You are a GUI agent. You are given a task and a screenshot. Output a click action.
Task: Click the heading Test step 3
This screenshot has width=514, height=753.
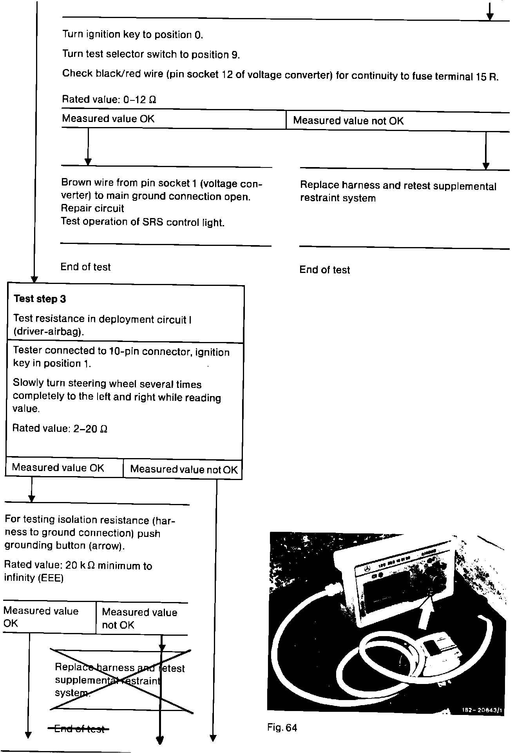(x=40, y=299)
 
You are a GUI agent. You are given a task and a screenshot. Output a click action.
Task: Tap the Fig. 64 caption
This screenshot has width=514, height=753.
(x=282, y=728)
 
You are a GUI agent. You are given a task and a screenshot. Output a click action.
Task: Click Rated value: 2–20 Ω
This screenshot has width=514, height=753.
(x=60, y=428)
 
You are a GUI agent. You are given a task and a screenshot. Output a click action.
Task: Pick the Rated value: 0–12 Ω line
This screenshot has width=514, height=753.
(x=109, y=100)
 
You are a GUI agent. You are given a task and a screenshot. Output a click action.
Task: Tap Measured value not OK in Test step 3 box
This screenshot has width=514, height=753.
(x=183, y=469)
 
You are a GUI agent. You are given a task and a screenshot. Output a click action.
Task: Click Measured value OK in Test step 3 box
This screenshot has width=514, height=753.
(x=58, y=467)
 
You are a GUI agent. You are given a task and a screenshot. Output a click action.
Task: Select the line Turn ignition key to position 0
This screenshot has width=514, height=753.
(x=133, y=35)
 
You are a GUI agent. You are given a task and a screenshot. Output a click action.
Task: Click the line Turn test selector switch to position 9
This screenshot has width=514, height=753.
(x=151, y=54)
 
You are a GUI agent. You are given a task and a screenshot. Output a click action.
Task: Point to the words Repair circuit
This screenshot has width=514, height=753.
(x=92, y=208)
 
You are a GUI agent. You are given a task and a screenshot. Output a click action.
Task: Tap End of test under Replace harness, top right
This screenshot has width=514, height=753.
(x=324, y=269)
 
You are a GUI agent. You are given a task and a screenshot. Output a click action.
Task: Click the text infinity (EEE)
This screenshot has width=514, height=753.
(x=34, y=578)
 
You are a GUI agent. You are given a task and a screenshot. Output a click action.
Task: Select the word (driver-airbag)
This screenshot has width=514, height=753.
(x=49, y=332)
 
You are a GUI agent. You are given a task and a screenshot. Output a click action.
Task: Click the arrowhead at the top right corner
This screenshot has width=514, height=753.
(x=489, y=16)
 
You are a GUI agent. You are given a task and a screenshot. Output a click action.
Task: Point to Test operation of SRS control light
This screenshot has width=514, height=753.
(x=143, y=222)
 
